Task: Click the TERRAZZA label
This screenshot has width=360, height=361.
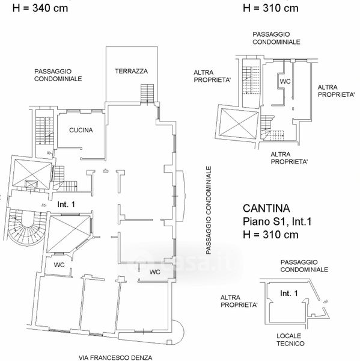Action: [x=132, y=71]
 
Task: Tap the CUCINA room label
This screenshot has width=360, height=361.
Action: [x=81, y=130]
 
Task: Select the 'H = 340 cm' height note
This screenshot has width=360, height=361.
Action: [x=40, y=8]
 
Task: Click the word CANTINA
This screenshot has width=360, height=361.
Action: [x=266, y=208]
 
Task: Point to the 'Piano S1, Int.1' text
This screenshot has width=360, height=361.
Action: [x=277, y=221]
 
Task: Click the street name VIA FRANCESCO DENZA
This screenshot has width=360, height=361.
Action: [x=115, y=357]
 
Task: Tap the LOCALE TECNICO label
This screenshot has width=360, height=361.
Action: [x=290, y=340]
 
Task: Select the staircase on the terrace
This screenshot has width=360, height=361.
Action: [x=147, y=93]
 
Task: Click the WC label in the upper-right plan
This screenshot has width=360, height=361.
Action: [x=285, y=81]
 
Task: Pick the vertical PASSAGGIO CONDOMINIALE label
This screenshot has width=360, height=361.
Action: [x=209, y=211]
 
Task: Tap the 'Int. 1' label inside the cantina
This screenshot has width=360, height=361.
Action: [x=289, y=294]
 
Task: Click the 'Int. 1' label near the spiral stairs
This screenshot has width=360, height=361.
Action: [x=66, y=205]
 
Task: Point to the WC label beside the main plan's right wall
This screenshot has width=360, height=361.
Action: [x=155, y=272]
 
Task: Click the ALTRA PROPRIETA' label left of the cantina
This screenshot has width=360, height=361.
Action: [x=239, y=301]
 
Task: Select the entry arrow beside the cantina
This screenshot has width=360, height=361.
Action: [x=326, y=301]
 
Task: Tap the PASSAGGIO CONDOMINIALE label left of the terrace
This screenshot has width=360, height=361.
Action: [x=58, y=75]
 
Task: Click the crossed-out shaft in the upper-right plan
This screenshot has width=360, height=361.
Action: [x=238, y=124]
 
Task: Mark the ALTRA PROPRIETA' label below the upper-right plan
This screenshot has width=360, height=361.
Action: [x=289, y=158]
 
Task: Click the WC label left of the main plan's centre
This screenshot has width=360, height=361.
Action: [x=59, y=265]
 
